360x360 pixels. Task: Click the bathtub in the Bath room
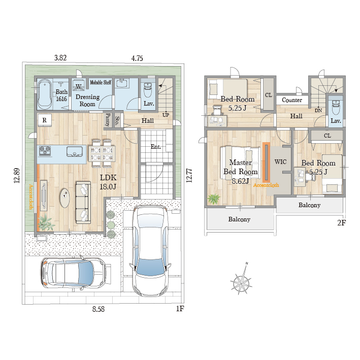coord(44,94)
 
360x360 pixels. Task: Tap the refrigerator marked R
coord(45,120)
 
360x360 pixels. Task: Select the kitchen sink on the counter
coord(75,151)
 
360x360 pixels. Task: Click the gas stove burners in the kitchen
coord(45,151)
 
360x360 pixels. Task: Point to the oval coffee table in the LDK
coord(65,198)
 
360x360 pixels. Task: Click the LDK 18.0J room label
coord(108,182)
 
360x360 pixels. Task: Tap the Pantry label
coord(108,120)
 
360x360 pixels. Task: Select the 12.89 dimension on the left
coord(17,176)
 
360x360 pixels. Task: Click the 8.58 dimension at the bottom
coord(99,309)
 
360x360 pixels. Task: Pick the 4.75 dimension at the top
coord(137,58)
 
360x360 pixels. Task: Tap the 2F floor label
coord(341,223)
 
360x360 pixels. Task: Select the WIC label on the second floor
coord(280,162)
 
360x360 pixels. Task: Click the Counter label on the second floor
coord(292,100)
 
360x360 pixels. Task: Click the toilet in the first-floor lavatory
coord(147,90)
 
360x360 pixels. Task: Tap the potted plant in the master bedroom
coord(214,199)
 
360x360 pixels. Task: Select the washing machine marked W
coord(79,85)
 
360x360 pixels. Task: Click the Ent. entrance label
coord(155,146)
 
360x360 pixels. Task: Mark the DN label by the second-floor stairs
coord(318,110)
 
